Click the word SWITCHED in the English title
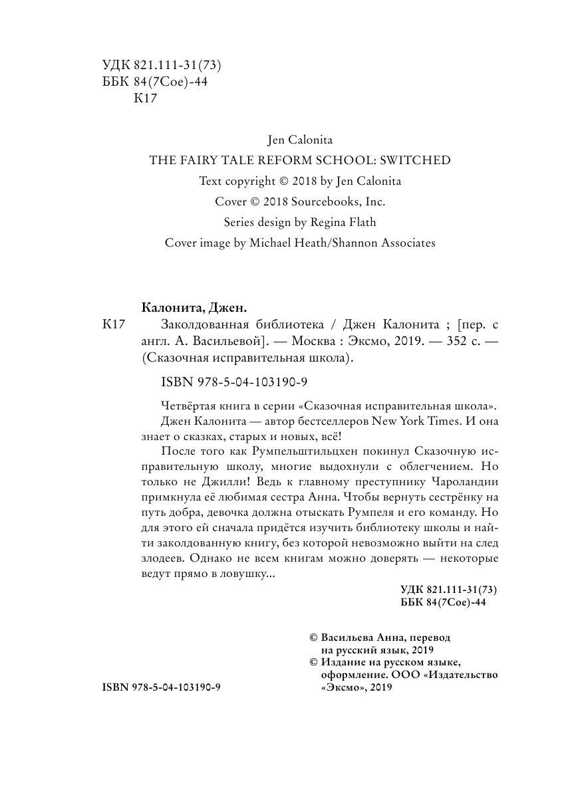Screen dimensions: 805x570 [x=416, y=160]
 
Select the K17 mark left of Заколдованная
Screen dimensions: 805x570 [x=114, y=325]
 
